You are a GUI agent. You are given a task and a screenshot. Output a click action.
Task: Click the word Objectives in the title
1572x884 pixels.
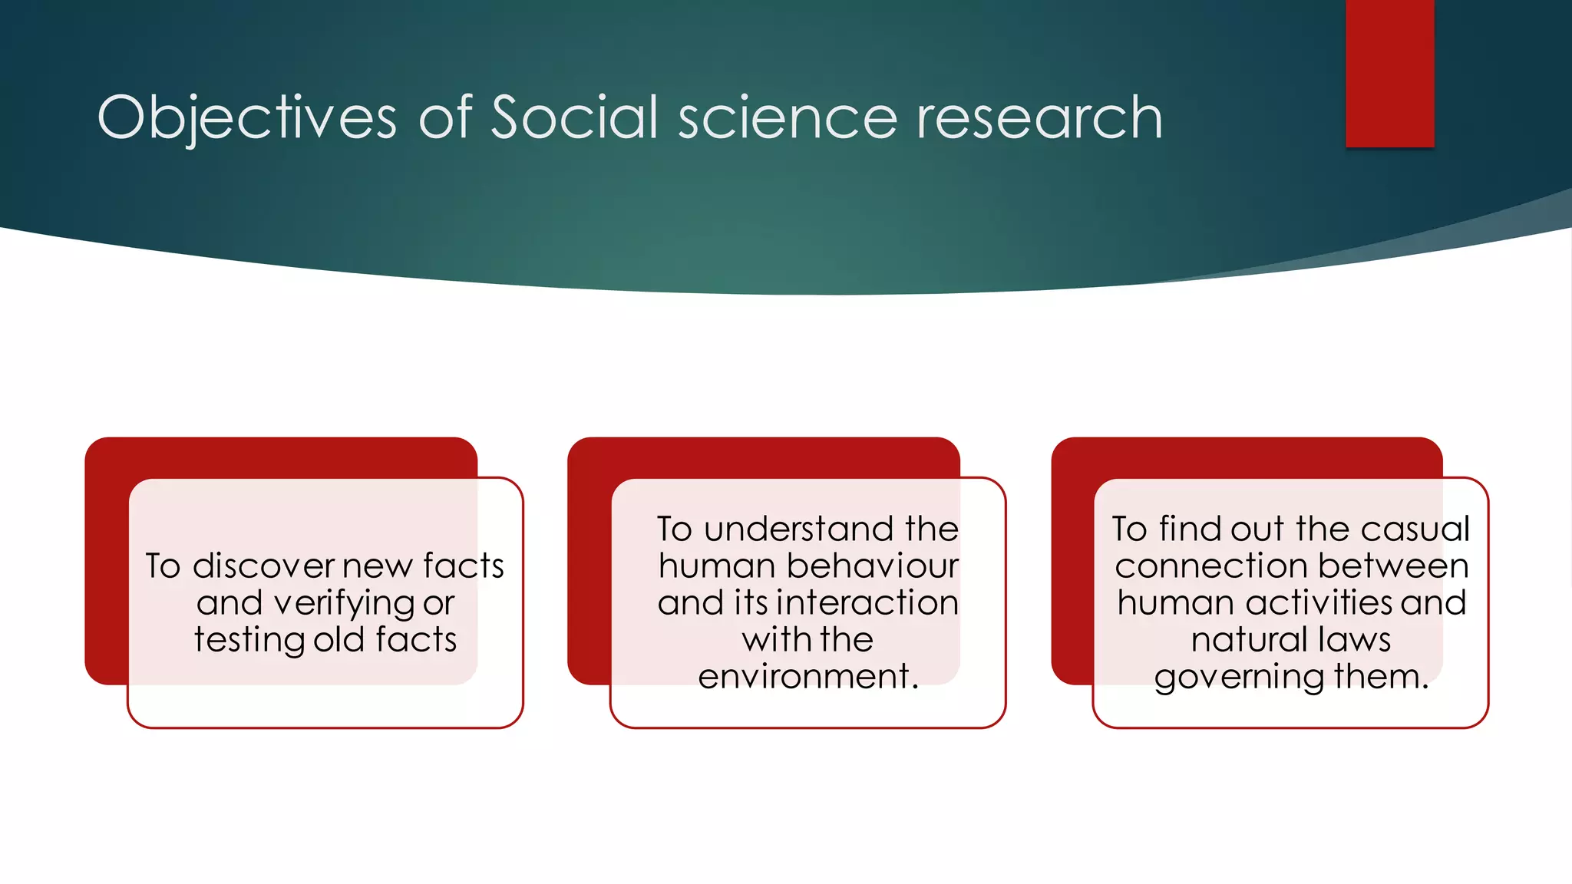point(246,118)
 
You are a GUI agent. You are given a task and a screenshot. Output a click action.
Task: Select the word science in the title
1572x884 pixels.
point(788,118)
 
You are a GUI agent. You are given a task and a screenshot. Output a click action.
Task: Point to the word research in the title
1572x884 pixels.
point(1039,118)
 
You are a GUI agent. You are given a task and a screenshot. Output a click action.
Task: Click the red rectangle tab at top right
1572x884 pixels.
point(1389,73)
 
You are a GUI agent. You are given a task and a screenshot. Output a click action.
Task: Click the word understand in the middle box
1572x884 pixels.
point(798,529)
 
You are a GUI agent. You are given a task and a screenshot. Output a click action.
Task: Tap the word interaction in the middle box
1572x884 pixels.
point(867,603)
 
